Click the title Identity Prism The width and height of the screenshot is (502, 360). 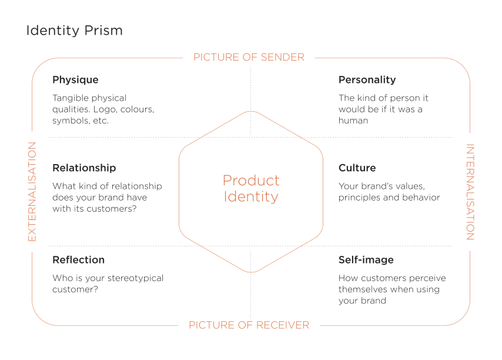(74, 31)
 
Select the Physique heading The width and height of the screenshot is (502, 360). (76, 80)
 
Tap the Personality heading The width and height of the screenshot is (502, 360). (367, 80)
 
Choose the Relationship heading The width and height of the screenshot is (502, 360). (84, 168)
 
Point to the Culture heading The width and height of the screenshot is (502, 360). (357, 168)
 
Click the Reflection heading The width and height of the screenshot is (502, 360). (78, 260)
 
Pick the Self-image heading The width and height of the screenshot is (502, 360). (366, 260)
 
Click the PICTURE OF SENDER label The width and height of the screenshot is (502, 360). (249, 57)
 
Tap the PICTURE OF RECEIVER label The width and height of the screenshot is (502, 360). (249, 325)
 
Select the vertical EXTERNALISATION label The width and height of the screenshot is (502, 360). (32, 192)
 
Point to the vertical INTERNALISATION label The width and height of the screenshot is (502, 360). (470, 192)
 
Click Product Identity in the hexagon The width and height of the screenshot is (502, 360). (251, 189)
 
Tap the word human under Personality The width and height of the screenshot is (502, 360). (353, 121)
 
